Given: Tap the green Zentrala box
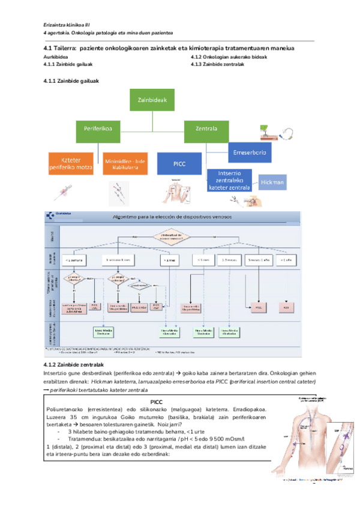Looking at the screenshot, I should point(206,128).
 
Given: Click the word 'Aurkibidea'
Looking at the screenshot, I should point(56,56).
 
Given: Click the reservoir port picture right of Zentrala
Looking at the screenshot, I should point(275,133).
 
